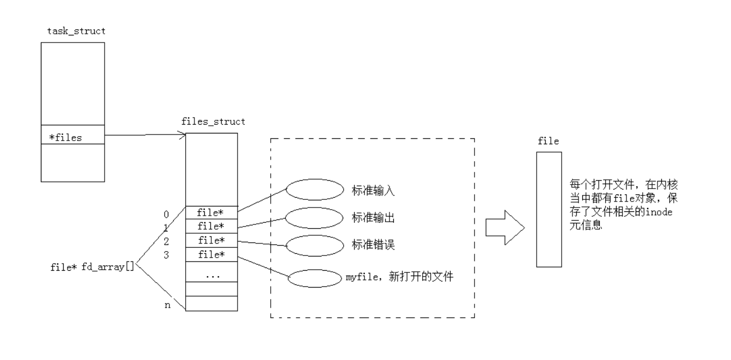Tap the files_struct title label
point(212,121)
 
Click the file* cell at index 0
point(212,212)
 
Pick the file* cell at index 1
point(212,226)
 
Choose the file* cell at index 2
point(212,240)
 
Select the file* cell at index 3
point(212,254)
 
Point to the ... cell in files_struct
point(212,275)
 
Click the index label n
point(167,305)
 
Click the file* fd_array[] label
point(92,267)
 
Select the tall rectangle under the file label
point(549,209)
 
